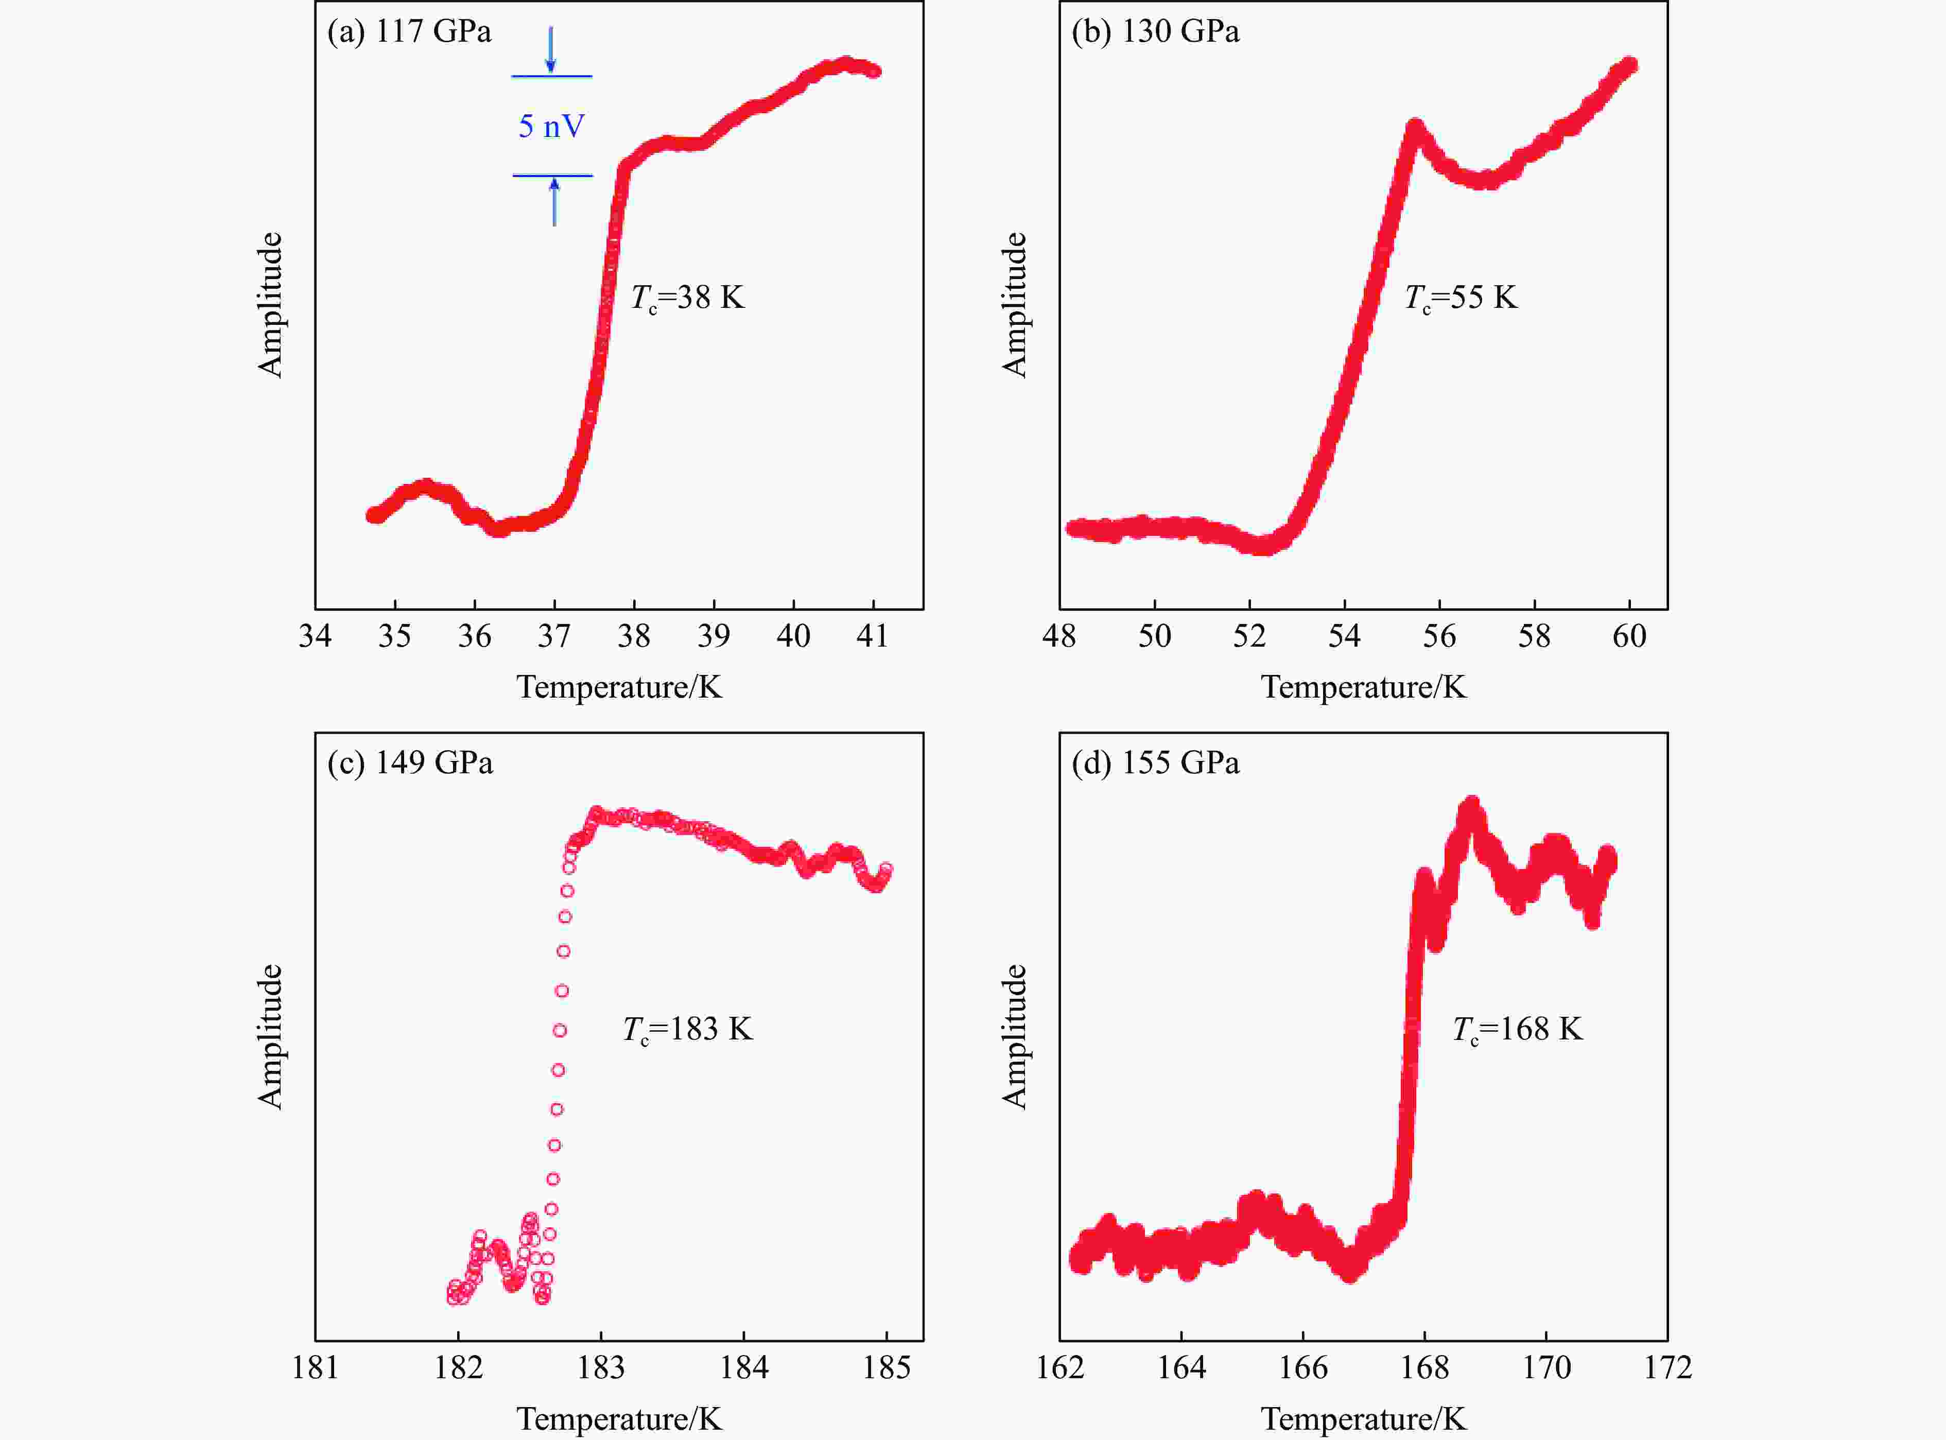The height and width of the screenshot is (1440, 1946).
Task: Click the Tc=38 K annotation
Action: tap(688, 298)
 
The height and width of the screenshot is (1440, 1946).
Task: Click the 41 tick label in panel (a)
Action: tap(872, 636)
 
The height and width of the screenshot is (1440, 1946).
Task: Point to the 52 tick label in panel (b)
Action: tap(1249, 636)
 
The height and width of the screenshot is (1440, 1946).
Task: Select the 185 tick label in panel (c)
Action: tap(887, 1367)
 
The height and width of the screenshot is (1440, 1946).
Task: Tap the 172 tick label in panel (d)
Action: tap(1667, 1367)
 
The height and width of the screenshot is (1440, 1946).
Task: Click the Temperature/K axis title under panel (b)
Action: tap(1363, 688)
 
